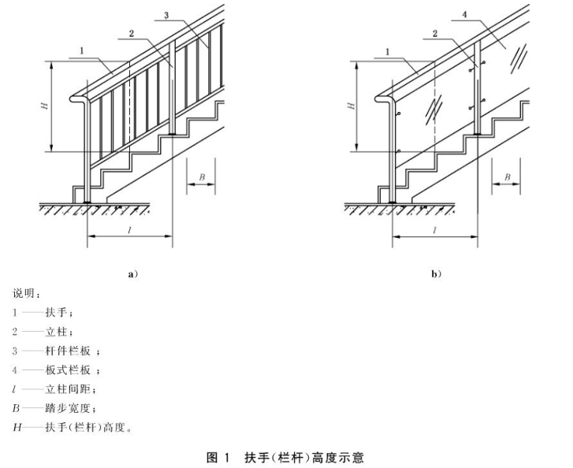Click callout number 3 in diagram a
coord(167,15)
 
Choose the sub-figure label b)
coord(436,274)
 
